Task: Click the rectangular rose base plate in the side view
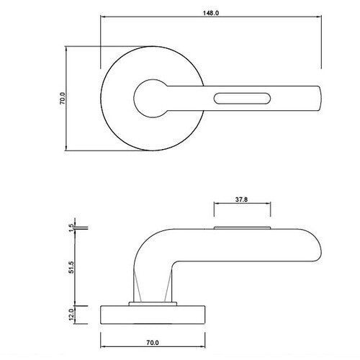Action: coord(153,313)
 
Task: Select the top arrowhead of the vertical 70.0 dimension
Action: coord(69,48)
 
